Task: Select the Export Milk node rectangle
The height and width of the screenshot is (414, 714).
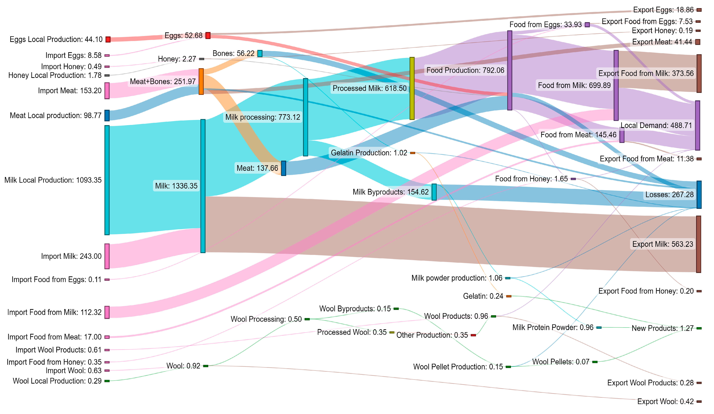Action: point(699,244)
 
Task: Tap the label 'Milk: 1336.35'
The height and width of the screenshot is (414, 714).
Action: point(176,186)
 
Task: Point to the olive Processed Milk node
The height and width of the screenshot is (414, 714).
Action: point(412,88)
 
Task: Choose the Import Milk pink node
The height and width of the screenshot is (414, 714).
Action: point(107,256)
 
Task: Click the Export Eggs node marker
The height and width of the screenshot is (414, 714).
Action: point(699,10)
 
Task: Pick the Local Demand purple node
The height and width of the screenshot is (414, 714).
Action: point(698,126)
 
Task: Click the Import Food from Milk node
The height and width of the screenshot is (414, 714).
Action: point(107,312)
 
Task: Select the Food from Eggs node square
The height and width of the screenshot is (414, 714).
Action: point(587,25)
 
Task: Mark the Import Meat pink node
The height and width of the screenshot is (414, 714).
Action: point(107,91)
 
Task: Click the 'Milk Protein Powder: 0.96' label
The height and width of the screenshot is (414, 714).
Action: point(553,328)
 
